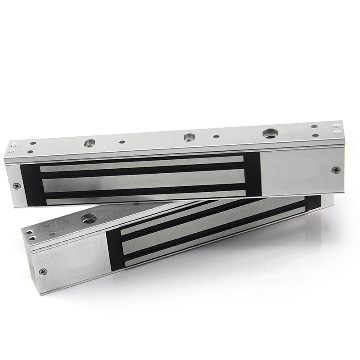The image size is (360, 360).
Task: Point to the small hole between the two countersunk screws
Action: [x=122, y=142]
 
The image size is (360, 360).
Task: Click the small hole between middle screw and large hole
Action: [x=216, y=136]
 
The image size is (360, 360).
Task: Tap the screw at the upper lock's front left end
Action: [x=17, y=185]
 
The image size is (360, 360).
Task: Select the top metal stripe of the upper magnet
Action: [x=142, y=166]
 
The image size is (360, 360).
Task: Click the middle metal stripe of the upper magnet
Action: [x=144, y=180]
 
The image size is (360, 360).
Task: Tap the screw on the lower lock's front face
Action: [x=43, y=271]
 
